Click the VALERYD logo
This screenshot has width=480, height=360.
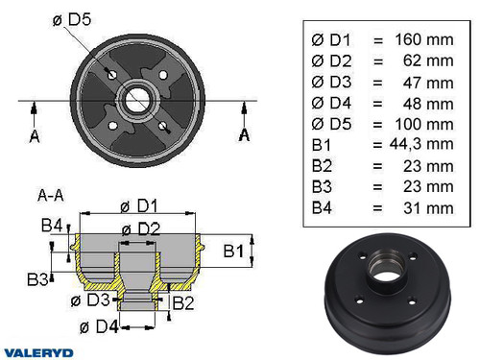tap(36, 351)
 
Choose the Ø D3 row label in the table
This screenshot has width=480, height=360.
tap(331, 84)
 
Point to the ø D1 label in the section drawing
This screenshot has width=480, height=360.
tap(140, 204)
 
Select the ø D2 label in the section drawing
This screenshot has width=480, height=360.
tap(140, 228)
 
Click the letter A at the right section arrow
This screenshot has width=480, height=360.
tap(244, 134)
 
